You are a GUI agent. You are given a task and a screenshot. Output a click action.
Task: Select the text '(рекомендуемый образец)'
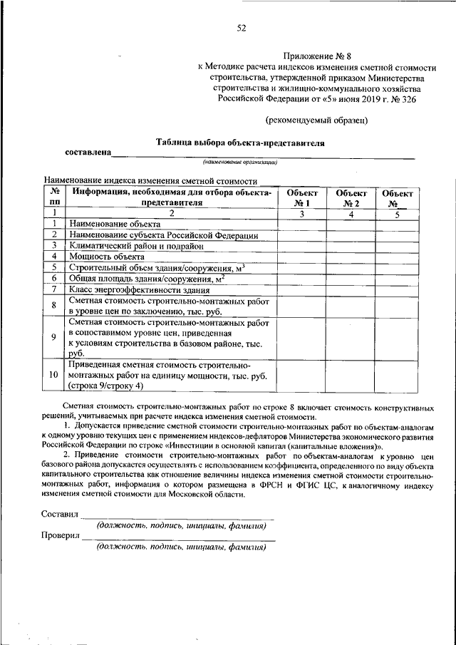pos(317,119)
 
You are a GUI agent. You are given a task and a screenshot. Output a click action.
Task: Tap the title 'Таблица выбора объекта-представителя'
pos(240,143)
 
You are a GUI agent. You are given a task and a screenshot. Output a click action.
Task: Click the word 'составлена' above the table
pos(88,153)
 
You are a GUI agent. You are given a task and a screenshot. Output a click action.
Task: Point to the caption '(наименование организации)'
pos(239,162)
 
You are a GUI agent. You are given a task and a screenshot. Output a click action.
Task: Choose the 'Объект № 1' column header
pos(301,197)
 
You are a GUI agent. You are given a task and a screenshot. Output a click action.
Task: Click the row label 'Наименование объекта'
pos(105,224)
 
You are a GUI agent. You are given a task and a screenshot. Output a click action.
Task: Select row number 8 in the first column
pos(54,306)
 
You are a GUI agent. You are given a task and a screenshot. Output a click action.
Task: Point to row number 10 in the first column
pos(54,375)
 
